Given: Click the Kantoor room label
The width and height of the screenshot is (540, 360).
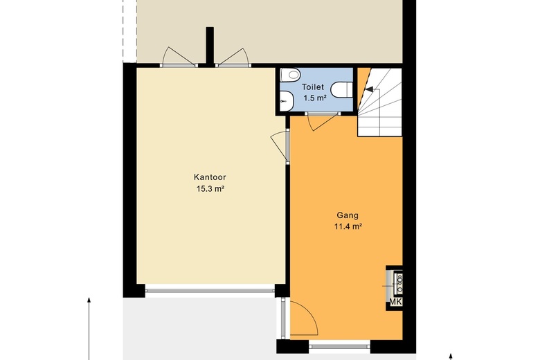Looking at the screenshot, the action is [210, 177].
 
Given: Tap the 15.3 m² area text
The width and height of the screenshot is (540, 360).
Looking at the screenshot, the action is [210, 189].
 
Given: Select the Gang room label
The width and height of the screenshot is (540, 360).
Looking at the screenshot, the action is [348, 216].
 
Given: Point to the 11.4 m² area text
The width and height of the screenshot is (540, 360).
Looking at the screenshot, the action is [348, 226].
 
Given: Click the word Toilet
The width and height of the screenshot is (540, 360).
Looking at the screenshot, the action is [313, 87].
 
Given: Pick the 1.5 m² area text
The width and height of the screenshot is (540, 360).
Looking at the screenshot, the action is [315, 98].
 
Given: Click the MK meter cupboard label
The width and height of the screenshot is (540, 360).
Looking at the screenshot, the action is [396, 302].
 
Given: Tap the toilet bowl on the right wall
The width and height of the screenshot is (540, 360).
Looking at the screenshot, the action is [341, 90].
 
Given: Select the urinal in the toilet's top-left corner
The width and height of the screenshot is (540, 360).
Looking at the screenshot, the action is [290, 74].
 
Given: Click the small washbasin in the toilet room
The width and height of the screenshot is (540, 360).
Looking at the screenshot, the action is [286, 101].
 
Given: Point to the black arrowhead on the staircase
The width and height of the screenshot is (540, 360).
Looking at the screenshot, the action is [368, 89].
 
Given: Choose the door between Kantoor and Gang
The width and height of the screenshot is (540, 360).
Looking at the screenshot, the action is [280, 146].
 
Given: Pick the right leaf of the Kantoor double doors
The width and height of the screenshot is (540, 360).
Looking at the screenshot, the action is [233, 57].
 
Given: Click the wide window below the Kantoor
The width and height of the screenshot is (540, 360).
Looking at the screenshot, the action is [210, 291].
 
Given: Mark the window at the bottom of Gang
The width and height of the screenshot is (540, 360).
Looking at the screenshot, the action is [339, 345].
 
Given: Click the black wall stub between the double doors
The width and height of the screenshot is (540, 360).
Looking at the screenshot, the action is [210, 46].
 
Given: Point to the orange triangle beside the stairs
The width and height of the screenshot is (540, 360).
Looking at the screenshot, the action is [363, 86].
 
